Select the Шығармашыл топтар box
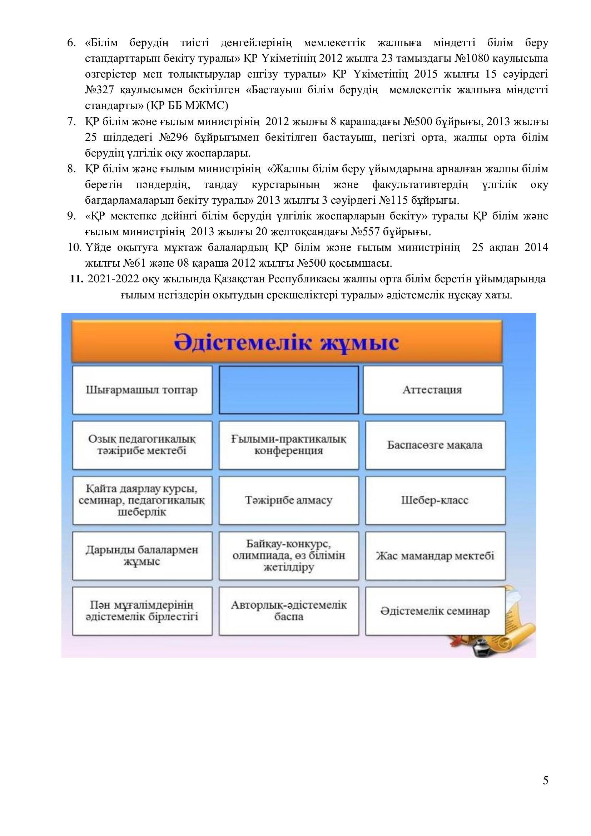pyautogui.click(x=142, y=390)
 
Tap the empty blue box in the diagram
pyautogui.click(x=289, y=390)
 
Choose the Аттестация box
pyautogui.click(x=432, y=390)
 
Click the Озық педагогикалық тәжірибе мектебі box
pyautogui.click(x=142, y=445)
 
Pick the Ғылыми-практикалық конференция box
pyautogui.click(x=289, y=445)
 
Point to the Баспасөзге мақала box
pyautogui.click(x=435, y=445)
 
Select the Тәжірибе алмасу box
pyautogui.click(x=289, y=500)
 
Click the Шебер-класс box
pyautogui.click(x=435, y=500)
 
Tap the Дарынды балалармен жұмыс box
pyautogui.click(x=142, y=556)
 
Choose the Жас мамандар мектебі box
pyautogui.click(x=435, y=556)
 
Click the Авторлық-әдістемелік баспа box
pyautogui.click(x=289, y=611)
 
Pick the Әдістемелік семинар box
pyautogui.click(x=435, y=611)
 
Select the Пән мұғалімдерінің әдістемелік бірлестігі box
pyautogui.click(x=142, y=611)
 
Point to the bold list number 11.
pyautogui.click(x=77, y=279)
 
